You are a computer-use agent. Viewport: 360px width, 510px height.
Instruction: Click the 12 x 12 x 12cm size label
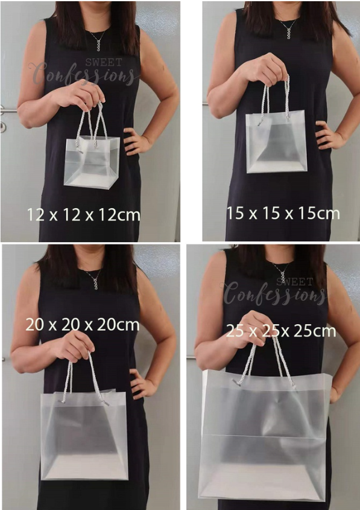click(x=83, y=215)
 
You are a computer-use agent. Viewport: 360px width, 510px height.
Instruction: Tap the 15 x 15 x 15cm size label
click(x=283, y=214)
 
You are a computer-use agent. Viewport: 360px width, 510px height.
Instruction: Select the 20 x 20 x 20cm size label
click(x=83, y=325)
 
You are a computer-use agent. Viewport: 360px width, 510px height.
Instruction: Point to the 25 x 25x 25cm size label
click(x=281, y=331)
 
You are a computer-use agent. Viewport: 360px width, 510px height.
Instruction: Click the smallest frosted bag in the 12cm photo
click(x=92, y=162)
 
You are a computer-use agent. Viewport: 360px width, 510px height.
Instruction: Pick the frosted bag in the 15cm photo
click(x=276, y=142)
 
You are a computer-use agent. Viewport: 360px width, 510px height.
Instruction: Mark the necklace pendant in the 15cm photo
click(x=288, y=33)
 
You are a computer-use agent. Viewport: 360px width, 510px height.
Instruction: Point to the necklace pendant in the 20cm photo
click(x=95, y=283)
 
